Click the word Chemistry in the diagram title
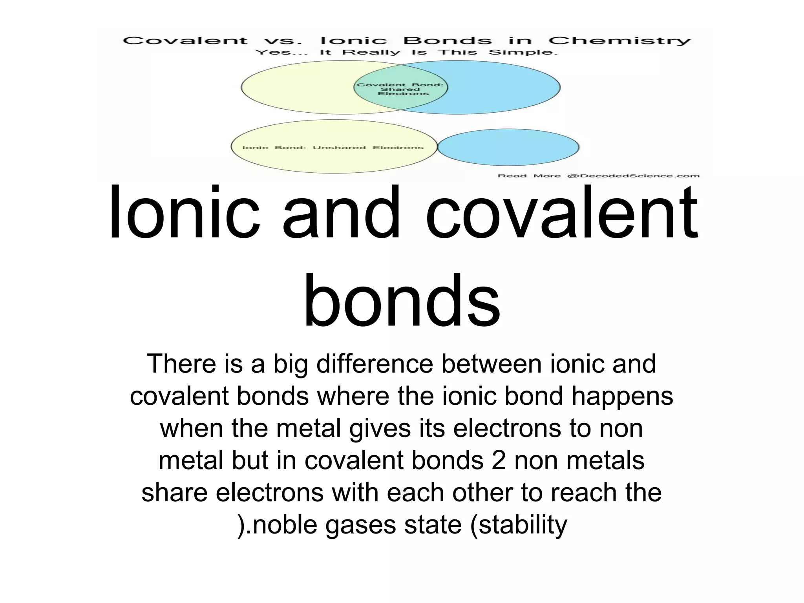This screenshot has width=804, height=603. tap(619, 41)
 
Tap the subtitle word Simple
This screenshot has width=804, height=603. tap(523, 53)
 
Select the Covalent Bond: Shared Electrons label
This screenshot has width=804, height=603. tap(400, 89)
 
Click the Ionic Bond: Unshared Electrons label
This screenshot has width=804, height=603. tap(333, 148)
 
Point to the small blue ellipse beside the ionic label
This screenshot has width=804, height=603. tap(508, 147)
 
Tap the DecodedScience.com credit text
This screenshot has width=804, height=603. tap(633, 176)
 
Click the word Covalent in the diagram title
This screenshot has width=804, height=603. tap(185, 41)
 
